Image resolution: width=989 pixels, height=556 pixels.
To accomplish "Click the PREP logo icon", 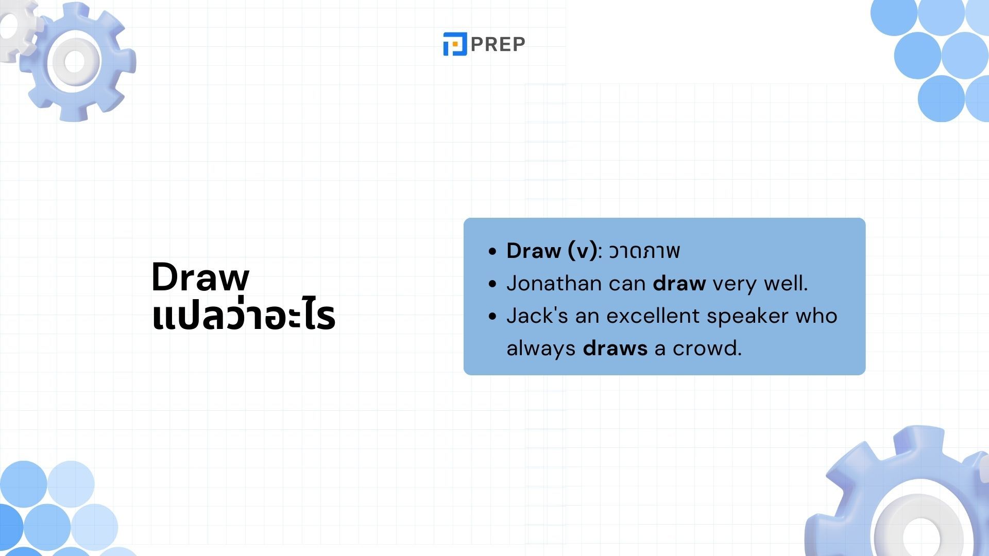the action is click(x=455, y=44).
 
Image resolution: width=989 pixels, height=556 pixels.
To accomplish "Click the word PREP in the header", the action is click(x=498, y=44).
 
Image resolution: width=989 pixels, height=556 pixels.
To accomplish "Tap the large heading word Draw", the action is click(x=200, y=277).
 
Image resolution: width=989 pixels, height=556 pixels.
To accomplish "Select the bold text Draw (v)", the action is click(x=552, y=251).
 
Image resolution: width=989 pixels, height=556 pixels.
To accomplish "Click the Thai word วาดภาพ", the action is click(x=644, y=251).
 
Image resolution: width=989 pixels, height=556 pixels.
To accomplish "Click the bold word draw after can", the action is click(x=679, y=283).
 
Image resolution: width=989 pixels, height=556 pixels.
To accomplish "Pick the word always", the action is click(x=541, y=349).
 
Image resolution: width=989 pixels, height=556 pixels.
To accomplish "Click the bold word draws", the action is click(x=615, y=349).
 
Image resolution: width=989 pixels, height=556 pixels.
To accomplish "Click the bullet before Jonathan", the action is click(x=493, y=284).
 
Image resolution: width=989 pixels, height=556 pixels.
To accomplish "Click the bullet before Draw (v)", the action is click(x=493, y=251).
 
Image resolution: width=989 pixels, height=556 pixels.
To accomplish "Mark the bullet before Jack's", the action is click(x=493, y=316).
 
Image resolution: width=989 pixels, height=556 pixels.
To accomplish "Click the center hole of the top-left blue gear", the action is click(x=75, y=62).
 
